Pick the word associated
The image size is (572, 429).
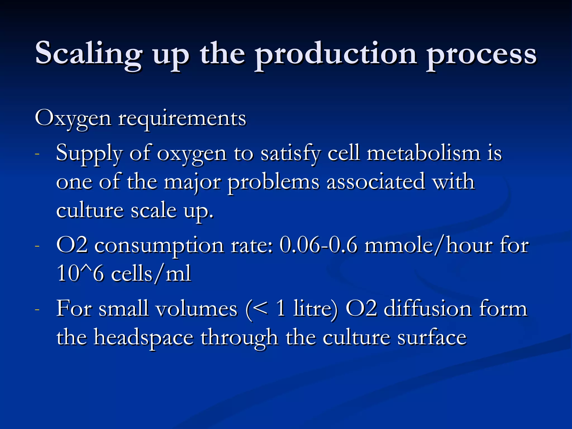[376, 182]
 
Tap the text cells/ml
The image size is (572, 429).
[151, 274]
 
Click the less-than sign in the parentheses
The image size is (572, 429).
[260, 309]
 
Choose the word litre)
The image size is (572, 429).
[315, 309]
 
